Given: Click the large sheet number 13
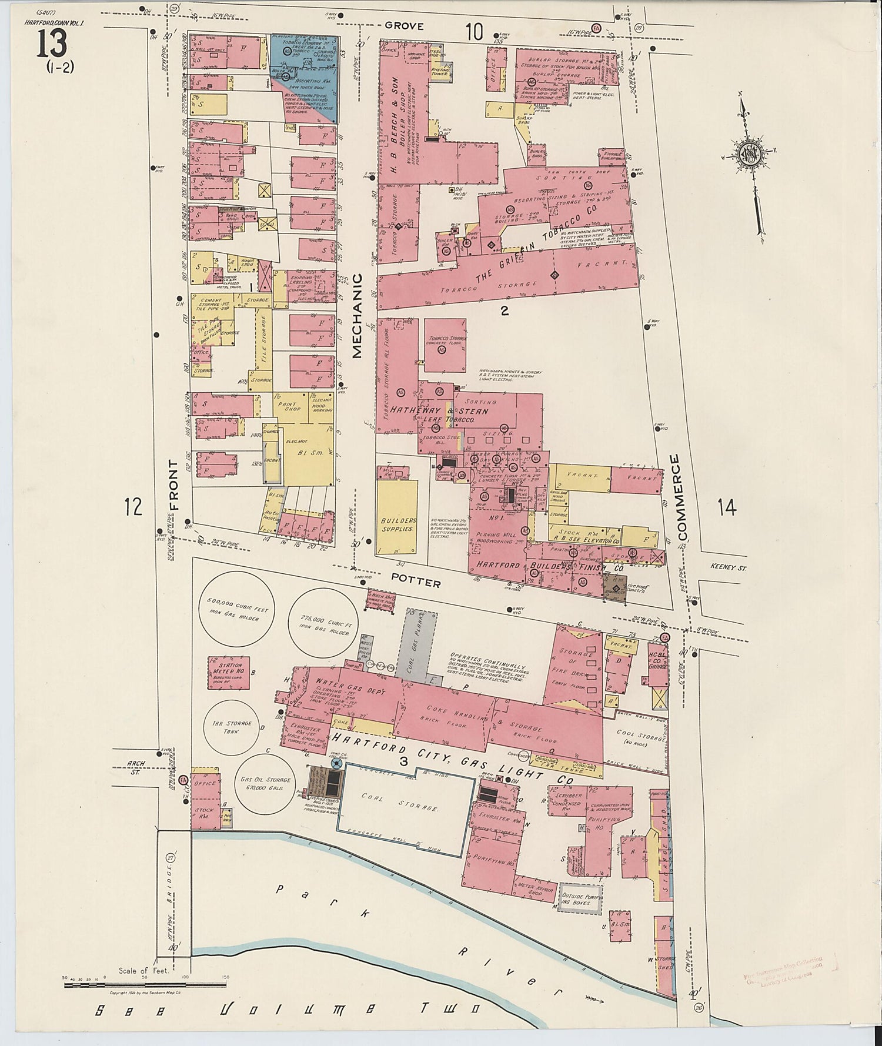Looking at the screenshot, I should pyautogui.click(x=53, y=44).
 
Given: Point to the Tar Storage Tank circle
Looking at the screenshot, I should pyautogui.click(x=236, y=727).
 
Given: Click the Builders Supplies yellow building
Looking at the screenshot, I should pyautogui.click(x=398, y=516).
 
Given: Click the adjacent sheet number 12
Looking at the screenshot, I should pyautogui.click(x=133, y=506).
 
